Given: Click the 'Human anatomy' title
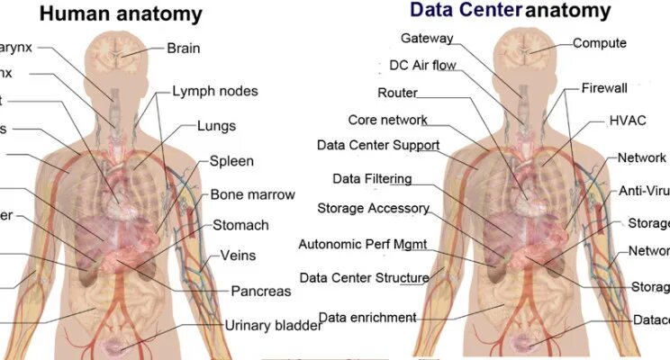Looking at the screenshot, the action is [122, 13].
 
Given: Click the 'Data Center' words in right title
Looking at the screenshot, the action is [466, 10].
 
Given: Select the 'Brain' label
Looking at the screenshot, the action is [184, 48].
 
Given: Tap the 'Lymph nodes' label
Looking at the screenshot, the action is [215, 91].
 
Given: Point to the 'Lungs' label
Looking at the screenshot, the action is [216, 126].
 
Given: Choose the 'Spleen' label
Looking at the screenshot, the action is [231, 162].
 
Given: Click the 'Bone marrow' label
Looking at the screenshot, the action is [252, 194].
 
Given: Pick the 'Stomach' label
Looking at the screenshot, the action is [240, 225].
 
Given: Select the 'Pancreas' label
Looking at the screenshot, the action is [261, 291].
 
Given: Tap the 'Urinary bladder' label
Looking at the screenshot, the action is [273, 326].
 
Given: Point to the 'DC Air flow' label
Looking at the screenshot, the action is [422, 65].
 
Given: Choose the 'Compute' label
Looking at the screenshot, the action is [600, 42].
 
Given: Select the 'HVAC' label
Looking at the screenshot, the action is [629, 120].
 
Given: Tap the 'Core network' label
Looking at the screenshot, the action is [387, 120].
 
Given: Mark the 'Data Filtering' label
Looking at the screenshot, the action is [372, 178].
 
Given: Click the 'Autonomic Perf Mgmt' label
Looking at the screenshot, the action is [362, 244].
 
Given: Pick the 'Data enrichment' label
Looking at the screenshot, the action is [367, 317].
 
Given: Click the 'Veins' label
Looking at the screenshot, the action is [238, 256].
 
